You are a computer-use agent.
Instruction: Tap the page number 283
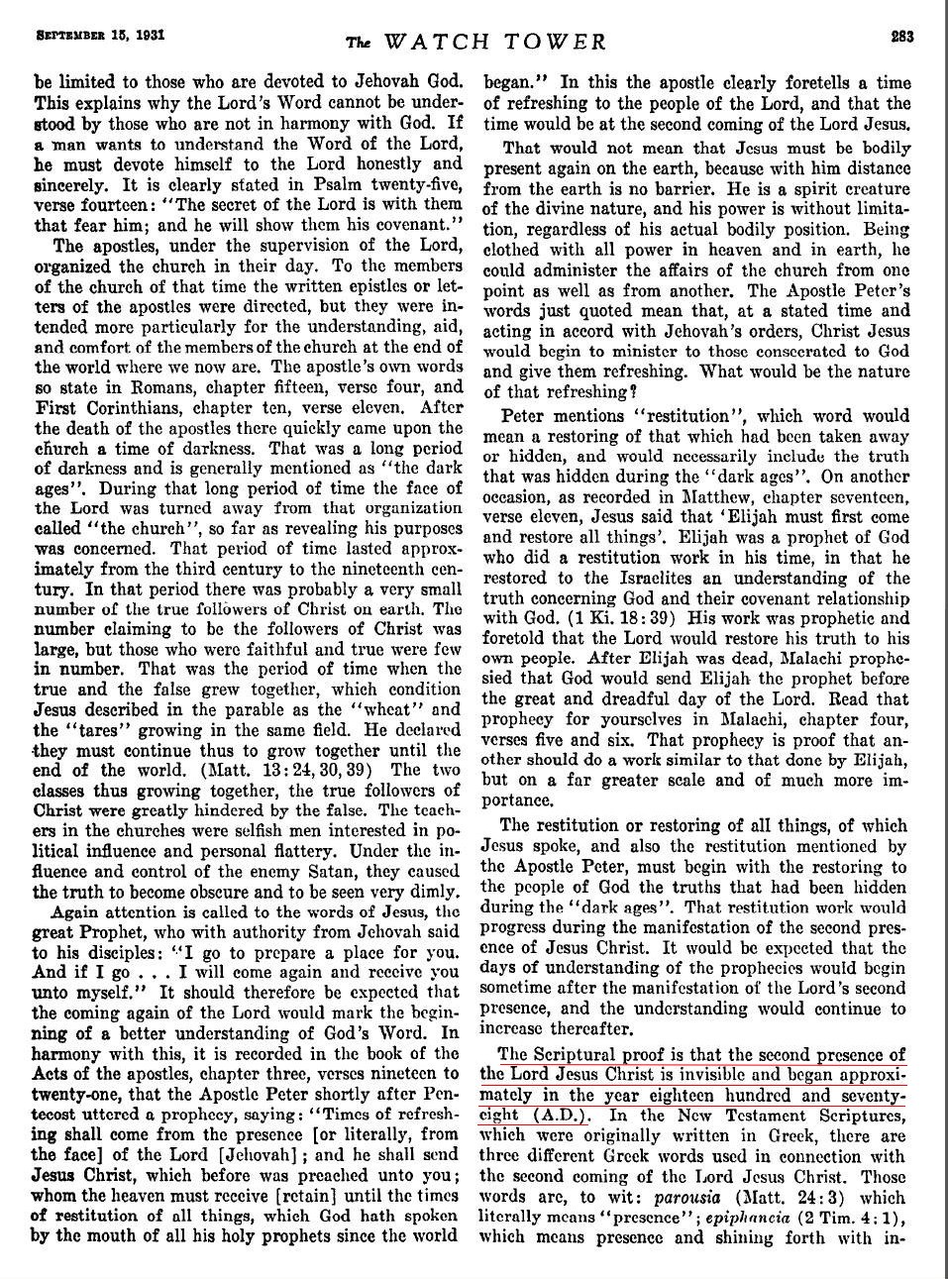click(902, 36)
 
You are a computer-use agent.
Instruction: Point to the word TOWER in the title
click(556, 42)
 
